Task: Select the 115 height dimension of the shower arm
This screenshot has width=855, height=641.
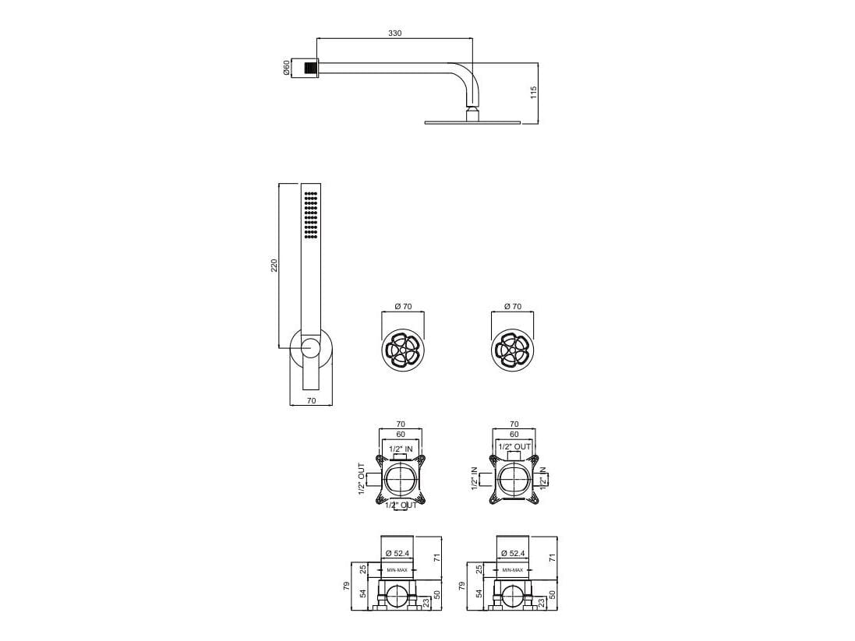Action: pyautogui.click(x=533, y=92)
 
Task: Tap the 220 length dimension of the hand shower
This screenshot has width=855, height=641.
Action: pyautogui.click(x=274, y=266)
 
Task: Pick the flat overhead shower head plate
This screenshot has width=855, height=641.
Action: pyautogui.click(x=472, y=122)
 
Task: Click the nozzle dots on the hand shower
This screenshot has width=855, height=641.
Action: pyautogui.click(x=310, y=215)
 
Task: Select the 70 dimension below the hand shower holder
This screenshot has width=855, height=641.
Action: pyautogui.click(x=310, y=401)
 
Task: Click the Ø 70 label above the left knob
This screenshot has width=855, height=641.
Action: pyautogui.click(x=403, y=307)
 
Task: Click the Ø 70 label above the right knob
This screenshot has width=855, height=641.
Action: pyautogui.click(x=512, y=307)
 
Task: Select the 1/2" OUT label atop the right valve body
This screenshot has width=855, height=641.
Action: pyautogui.click(x=514, y=447)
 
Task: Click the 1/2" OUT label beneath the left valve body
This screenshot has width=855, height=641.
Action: pyautogui.click(x=401, y=505)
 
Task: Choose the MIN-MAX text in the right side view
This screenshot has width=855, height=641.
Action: pyautogui.click(x=512, y=570)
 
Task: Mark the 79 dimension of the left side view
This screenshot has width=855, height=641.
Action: pyautogui.click(x=347, y=585)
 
